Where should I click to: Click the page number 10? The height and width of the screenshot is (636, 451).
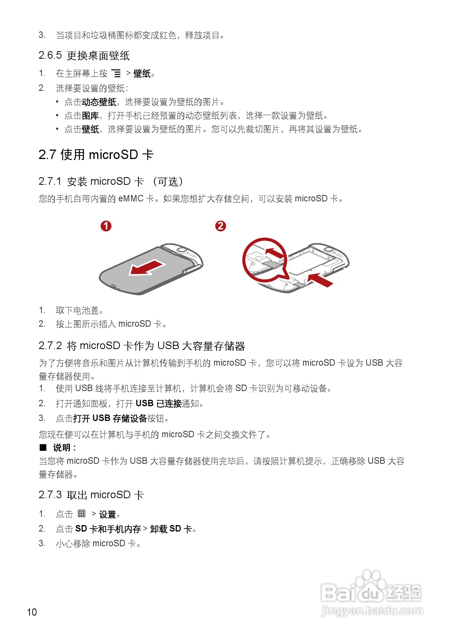tap(32, 612)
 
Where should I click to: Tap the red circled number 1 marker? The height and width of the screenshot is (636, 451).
tap(106, 226)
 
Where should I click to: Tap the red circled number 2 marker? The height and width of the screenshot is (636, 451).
tap(221, 226)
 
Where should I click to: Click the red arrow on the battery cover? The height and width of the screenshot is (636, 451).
tap(147, 268)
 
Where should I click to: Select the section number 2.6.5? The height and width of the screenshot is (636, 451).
tap(50, 55)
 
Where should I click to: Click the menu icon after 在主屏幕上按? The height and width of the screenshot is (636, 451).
tap(116, 73)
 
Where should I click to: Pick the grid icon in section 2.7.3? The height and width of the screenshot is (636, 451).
tap(82, 514)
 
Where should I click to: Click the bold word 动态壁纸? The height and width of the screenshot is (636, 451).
tap(99, 102)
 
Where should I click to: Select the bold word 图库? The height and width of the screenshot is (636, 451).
tap(90, 116)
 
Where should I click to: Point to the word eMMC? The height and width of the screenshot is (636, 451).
tap(131, 199)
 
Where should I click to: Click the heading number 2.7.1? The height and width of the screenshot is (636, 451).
tap(50, 181)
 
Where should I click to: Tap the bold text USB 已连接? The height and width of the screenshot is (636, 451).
tap(159, 404)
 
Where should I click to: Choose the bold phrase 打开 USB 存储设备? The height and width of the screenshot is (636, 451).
tap(110, 418)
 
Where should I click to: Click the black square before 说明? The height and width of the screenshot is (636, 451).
tap(43, 448)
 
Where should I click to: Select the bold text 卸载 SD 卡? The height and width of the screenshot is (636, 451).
tap(171, 529)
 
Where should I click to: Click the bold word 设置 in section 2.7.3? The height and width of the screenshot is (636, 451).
tap(107, 514)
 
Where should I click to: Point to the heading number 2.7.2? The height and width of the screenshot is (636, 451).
tap(50, 346)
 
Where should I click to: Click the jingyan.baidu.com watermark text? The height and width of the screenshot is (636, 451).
tap(372, 610)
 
